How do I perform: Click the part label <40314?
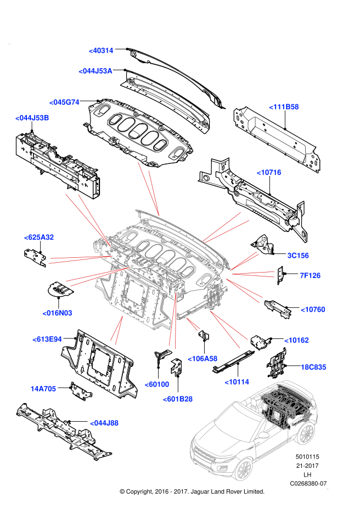[101, 50]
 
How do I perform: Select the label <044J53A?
[95, 71]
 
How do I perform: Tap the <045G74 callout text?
[64, 102]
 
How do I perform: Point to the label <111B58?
[284, 107]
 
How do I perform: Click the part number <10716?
[269, 172]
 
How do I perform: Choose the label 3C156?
[298, 256]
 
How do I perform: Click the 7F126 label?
[310, 275]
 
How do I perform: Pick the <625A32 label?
[39, 237]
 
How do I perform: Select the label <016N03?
[57, 313]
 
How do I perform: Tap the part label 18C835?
[313, 367]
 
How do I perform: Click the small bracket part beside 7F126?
[280, 275]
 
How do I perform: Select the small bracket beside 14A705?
[81, 391]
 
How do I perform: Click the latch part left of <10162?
[260, 342]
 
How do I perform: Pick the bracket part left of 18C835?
[277, 363]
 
